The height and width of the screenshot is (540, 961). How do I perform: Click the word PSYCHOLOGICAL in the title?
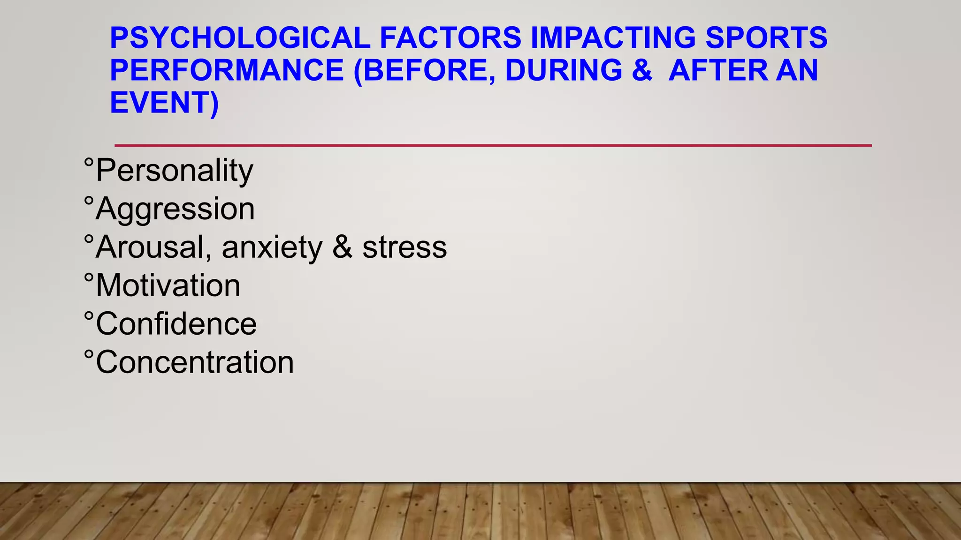240,38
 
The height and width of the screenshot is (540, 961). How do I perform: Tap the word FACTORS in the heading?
450,38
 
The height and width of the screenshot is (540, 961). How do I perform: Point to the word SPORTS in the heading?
766,38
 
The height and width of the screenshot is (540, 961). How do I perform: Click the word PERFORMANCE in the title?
227,70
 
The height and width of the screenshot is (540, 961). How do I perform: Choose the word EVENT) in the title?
164,103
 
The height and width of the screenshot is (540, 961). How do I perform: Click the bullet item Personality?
174,171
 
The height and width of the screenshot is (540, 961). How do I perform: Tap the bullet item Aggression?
175,209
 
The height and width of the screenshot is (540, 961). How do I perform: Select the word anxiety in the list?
272,247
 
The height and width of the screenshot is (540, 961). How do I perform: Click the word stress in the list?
404,247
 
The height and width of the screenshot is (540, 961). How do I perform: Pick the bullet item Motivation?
168,285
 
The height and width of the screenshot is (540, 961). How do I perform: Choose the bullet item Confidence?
176,324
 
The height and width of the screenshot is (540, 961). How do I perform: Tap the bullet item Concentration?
195,362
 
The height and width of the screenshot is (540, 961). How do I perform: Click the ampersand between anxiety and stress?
342,247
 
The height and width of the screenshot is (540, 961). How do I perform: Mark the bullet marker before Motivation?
89,277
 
